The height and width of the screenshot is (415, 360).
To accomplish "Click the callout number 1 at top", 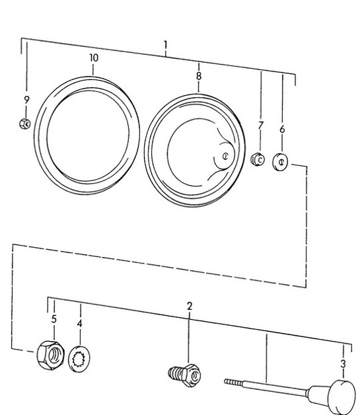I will (165, 46).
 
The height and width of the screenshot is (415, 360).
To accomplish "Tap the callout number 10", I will (93, 58).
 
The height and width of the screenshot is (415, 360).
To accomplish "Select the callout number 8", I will (198, 77).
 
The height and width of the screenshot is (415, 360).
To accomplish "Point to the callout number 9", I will (26, 100).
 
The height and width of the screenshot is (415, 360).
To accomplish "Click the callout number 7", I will (260, 125).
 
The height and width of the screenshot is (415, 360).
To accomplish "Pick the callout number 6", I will (282, 130).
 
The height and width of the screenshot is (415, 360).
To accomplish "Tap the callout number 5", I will (54, 319).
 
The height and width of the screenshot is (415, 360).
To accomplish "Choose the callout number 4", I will (79, 324).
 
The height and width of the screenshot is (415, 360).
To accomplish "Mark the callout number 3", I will (342, 363).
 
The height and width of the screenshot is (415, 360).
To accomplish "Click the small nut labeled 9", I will (24, 122).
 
